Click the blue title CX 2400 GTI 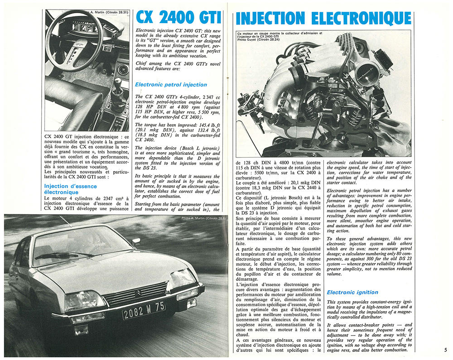(x=179, y=18)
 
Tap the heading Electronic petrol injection (x=171, y=85)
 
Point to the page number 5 (x=445, y=349)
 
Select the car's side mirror (x=136, y=240)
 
